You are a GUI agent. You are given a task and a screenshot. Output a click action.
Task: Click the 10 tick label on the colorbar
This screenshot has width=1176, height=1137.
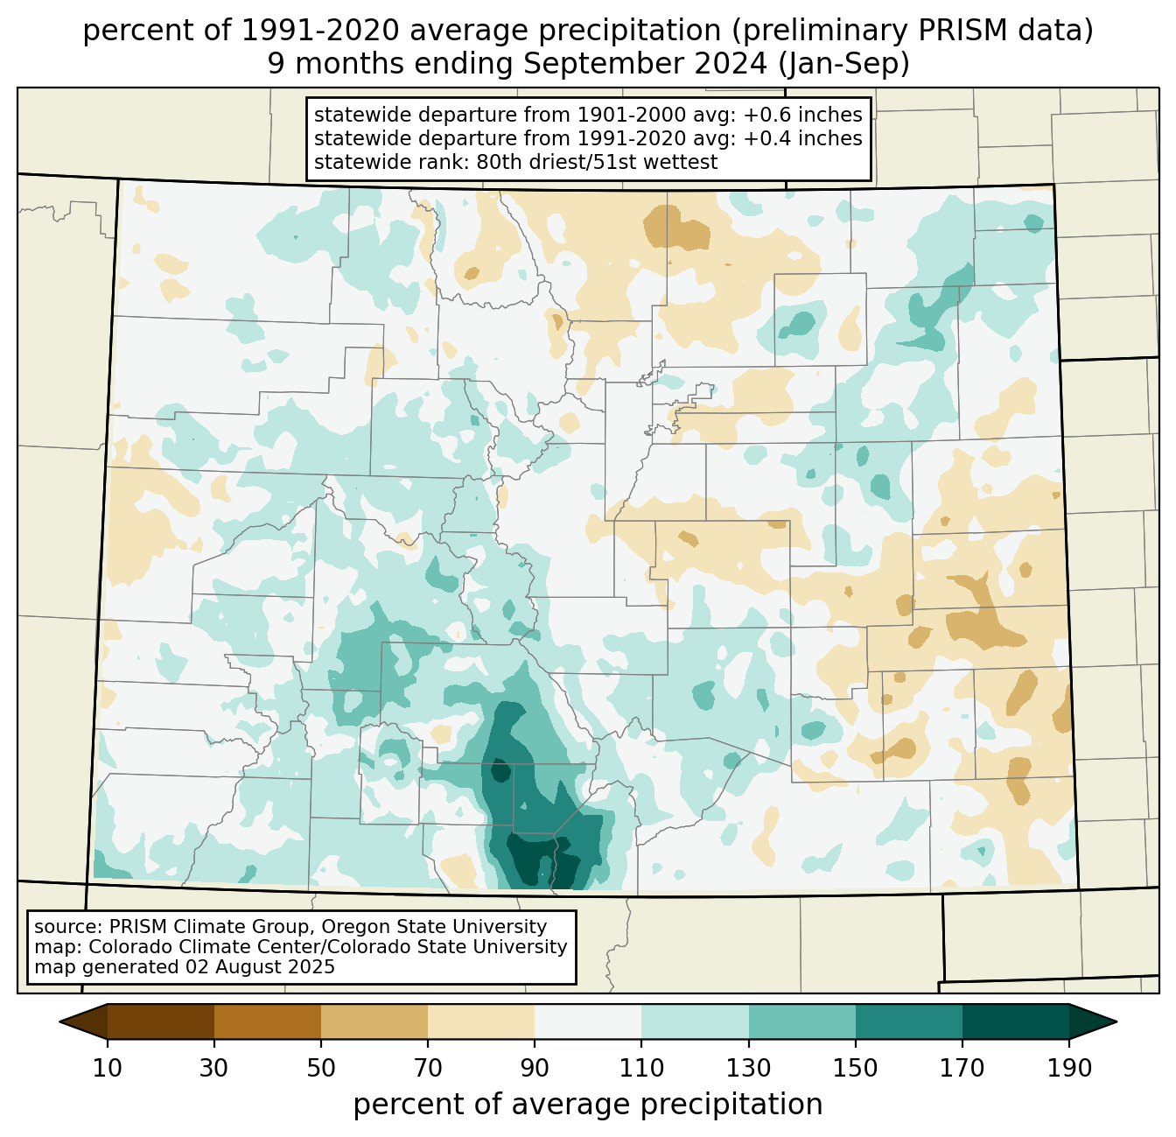(x=107, y=1070)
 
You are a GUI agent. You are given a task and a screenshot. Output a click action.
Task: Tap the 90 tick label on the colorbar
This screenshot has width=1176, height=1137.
(x=535, y=1070)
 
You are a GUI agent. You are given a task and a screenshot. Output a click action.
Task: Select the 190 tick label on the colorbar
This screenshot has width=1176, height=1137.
(x=1069, y=1070)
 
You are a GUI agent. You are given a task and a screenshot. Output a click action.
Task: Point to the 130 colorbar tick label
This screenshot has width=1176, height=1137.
(x=748, y=1070)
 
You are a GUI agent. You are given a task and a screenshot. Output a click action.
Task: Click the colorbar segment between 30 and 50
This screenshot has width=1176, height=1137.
(x=267, y=1021)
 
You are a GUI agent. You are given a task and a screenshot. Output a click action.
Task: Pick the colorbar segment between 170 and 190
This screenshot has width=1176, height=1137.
(x=1015, y=1021)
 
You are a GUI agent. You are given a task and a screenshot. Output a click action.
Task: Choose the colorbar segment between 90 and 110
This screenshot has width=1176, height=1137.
(x=588, y=1021)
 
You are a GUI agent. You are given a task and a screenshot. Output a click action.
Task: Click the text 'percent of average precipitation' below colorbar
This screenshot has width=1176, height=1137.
(x=587, y=1105)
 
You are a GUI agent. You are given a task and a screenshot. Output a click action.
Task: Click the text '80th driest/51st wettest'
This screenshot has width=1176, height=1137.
(x=597, y=162)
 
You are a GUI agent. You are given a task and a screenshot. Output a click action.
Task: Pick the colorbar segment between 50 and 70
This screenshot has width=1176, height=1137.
(x=374, y=1021)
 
